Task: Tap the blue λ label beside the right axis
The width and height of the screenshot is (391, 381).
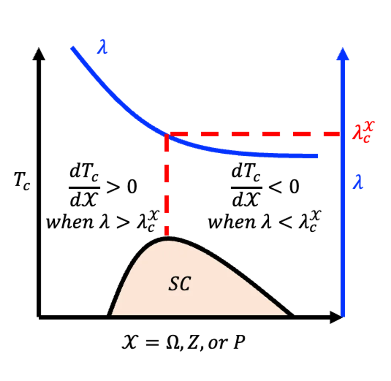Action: tap(358, 181)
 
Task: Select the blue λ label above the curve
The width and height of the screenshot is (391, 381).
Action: tap(102, 46)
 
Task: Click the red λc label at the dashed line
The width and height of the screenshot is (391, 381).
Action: tap(364, 132)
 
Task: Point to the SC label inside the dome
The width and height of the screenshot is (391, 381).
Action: tap(180, 284)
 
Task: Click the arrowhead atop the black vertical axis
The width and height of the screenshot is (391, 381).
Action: tap(39, 54)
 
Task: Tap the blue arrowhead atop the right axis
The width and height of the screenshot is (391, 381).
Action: tap(343, 54)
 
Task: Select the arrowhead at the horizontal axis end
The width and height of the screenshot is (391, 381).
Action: tap(336, 317)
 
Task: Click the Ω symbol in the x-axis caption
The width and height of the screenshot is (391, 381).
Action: tap(173, 342)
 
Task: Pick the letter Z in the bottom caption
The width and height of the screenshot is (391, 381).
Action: tap(193, 342)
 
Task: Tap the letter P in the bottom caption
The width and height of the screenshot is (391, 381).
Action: tap(239, 342)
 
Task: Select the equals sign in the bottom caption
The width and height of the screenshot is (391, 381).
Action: tap(152, 343)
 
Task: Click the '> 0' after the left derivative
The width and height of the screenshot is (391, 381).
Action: tap(122, 187)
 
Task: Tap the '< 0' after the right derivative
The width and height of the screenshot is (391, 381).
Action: tap(284, 187)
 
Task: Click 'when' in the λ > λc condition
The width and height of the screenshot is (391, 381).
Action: tap(70, 222)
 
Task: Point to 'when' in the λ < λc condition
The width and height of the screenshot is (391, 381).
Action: tap(232, 222)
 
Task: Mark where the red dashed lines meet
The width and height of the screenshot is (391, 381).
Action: tap(167, 134)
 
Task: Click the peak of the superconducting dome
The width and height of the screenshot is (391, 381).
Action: tap(169, 239)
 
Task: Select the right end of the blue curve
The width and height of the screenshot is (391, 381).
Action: tap(317, 156)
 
